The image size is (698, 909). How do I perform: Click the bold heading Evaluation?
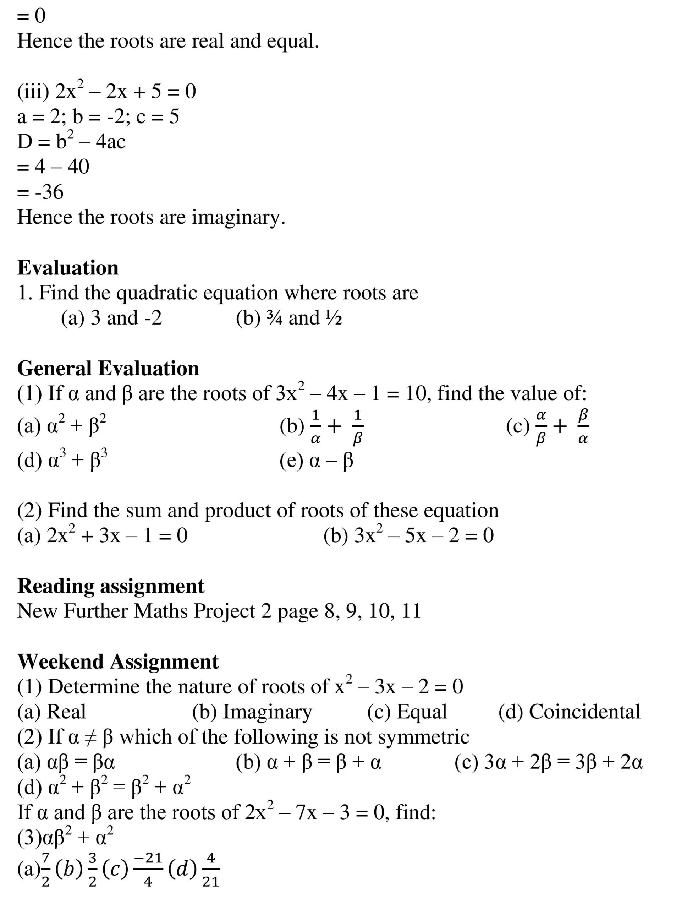[x=68, y=268]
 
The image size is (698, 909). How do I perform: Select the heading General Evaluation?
[x=108, y=368]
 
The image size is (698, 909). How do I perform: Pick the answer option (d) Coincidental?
[x=569, y=712]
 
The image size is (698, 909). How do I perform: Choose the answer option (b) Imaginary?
[x=252, y=712]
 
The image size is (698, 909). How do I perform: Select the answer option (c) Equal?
[x=407, y=712]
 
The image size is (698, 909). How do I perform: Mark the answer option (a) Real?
[x=51, y=712]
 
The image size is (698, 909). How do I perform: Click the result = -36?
[x=40, y=192]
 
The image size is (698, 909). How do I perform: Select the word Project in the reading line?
[x=225, y=611]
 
